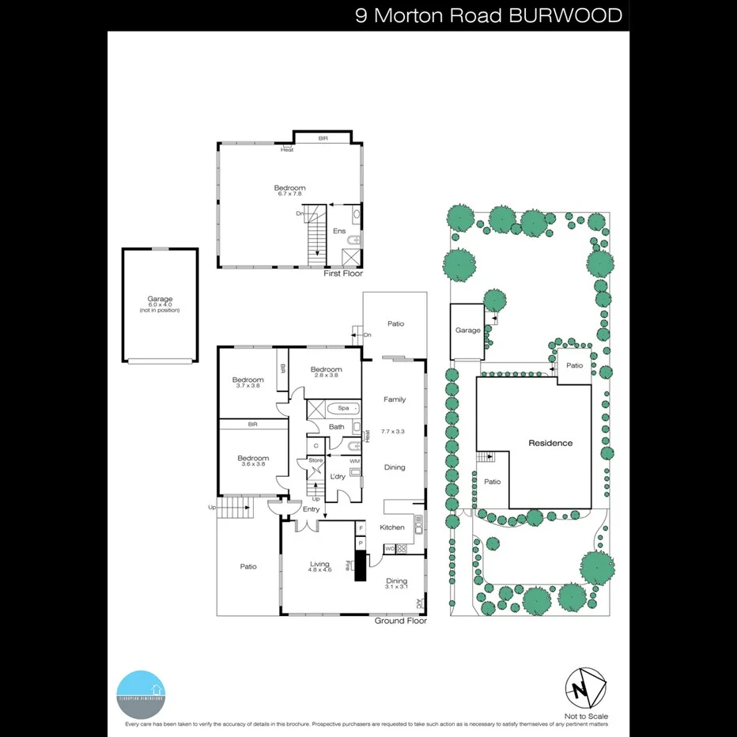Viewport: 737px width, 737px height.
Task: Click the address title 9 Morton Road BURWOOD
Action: (x=488, y=16)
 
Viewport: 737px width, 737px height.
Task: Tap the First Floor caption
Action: (x=343, y=274)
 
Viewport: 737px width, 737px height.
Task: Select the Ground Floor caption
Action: (x=400, y=621)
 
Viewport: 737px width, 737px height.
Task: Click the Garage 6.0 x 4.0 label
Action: (x=160, y=304)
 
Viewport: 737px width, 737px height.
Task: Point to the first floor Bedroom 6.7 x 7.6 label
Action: (x=289, y=191)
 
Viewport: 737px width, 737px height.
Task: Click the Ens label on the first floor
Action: (x=339, y=232)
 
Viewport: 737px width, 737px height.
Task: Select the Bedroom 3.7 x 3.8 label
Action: (x=248, y=383)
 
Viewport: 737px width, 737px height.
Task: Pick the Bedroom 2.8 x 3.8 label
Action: (x=326, y=372)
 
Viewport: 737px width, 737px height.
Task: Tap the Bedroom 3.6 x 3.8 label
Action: (x=253, y=461)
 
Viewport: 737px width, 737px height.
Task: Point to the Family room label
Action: (x=395, y=400)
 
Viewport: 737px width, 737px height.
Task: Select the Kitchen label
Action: (x=392, y=527)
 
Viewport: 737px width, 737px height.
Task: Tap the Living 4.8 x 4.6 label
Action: (x=319, y=567)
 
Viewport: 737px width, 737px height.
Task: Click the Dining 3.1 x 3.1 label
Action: (x=396, y=583)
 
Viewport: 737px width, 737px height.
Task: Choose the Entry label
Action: (x=311, y=509)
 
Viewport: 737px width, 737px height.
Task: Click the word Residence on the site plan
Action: (x=550, y=444)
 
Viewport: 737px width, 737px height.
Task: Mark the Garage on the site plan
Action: (x=467, y=331)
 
